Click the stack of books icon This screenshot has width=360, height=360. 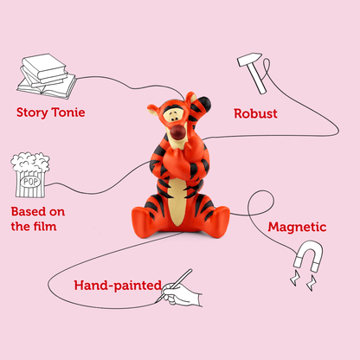(46, 76)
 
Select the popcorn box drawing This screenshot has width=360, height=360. (30, 175)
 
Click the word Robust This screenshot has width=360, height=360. (255, 113)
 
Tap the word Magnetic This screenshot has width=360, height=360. (297, 227)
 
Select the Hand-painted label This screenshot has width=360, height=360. (118, 286)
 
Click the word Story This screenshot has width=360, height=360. (32, 112)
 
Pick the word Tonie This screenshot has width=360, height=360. (67, 112)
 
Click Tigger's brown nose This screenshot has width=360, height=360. (177, 132)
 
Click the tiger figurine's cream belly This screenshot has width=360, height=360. (177, 202)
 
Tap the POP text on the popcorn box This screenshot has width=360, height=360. (30, 182)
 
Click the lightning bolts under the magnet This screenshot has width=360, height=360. (303, 281)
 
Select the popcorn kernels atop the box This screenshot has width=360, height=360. (30, 162)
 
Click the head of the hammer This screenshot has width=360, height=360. (249, 59)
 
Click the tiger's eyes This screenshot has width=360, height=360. (173, 118)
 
